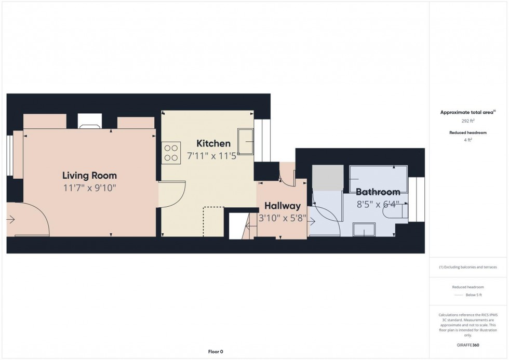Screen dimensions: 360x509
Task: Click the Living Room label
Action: pos(89,176)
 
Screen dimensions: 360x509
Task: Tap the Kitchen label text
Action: pos(213,144)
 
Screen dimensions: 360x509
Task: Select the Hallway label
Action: pos(282,206)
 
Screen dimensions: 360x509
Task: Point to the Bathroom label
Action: pos(378,192)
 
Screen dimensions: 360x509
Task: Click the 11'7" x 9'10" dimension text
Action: pos(89,188)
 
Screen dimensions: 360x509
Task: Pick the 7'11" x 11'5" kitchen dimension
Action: pos(211,156)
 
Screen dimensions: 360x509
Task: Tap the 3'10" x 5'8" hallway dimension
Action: pos(283,218)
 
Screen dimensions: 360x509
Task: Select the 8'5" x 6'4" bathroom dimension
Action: pos(378,205)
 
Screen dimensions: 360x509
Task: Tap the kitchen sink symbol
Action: pos(245,141)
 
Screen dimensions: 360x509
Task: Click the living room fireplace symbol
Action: pos(89,122)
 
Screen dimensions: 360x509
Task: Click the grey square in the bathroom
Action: pos(328,177)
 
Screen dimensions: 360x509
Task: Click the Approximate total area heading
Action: pos(467,112)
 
